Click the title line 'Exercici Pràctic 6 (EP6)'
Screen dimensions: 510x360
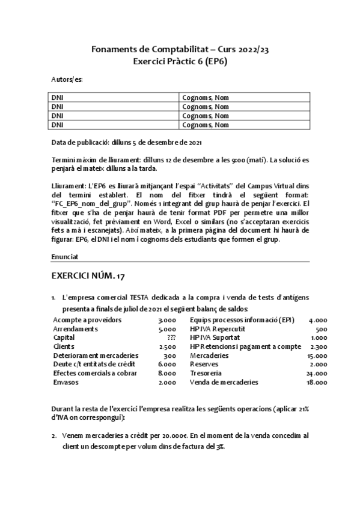pyautogui.click(x=180, y=61)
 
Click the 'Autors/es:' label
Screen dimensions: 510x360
pyautogui.click(x=67, y=79)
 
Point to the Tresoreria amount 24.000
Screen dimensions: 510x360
pyautogui.click(x=316, y=373)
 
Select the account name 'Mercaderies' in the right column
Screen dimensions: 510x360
pyautogui.click(x=209, y=355)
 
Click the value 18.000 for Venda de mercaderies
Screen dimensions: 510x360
pyautogui.click(x=316, y=382)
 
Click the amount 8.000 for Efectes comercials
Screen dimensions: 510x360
pyautogui.click(x=168, y=373)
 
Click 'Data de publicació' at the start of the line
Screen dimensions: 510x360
pyautogui.click(x=81, y=142)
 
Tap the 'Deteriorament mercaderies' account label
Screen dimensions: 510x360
pyautogui.click(x=90, y=355)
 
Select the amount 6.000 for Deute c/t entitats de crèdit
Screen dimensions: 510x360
pyautogui.click(x=168, y=364)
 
